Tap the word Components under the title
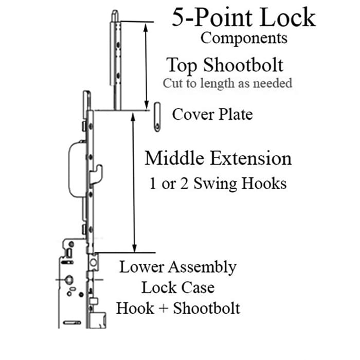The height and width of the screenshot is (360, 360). (244, 38)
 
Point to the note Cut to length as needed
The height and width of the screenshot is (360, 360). (227, 83)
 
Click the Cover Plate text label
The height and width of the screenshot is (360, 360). (212, 114)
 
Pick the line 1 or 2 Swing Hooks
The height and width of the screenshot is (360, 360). (218, 184)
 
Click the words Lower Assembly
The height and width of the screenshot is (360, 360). (178, 267)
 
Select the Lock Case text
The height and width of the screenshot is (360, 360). (178, 287)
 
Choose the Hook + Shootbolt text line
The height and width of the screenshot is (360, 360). (178, 308)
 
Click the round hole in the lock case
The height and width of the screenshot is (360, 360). (68, 280)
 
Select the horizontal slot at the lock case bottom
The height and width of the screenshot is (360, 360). (70, 323)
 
